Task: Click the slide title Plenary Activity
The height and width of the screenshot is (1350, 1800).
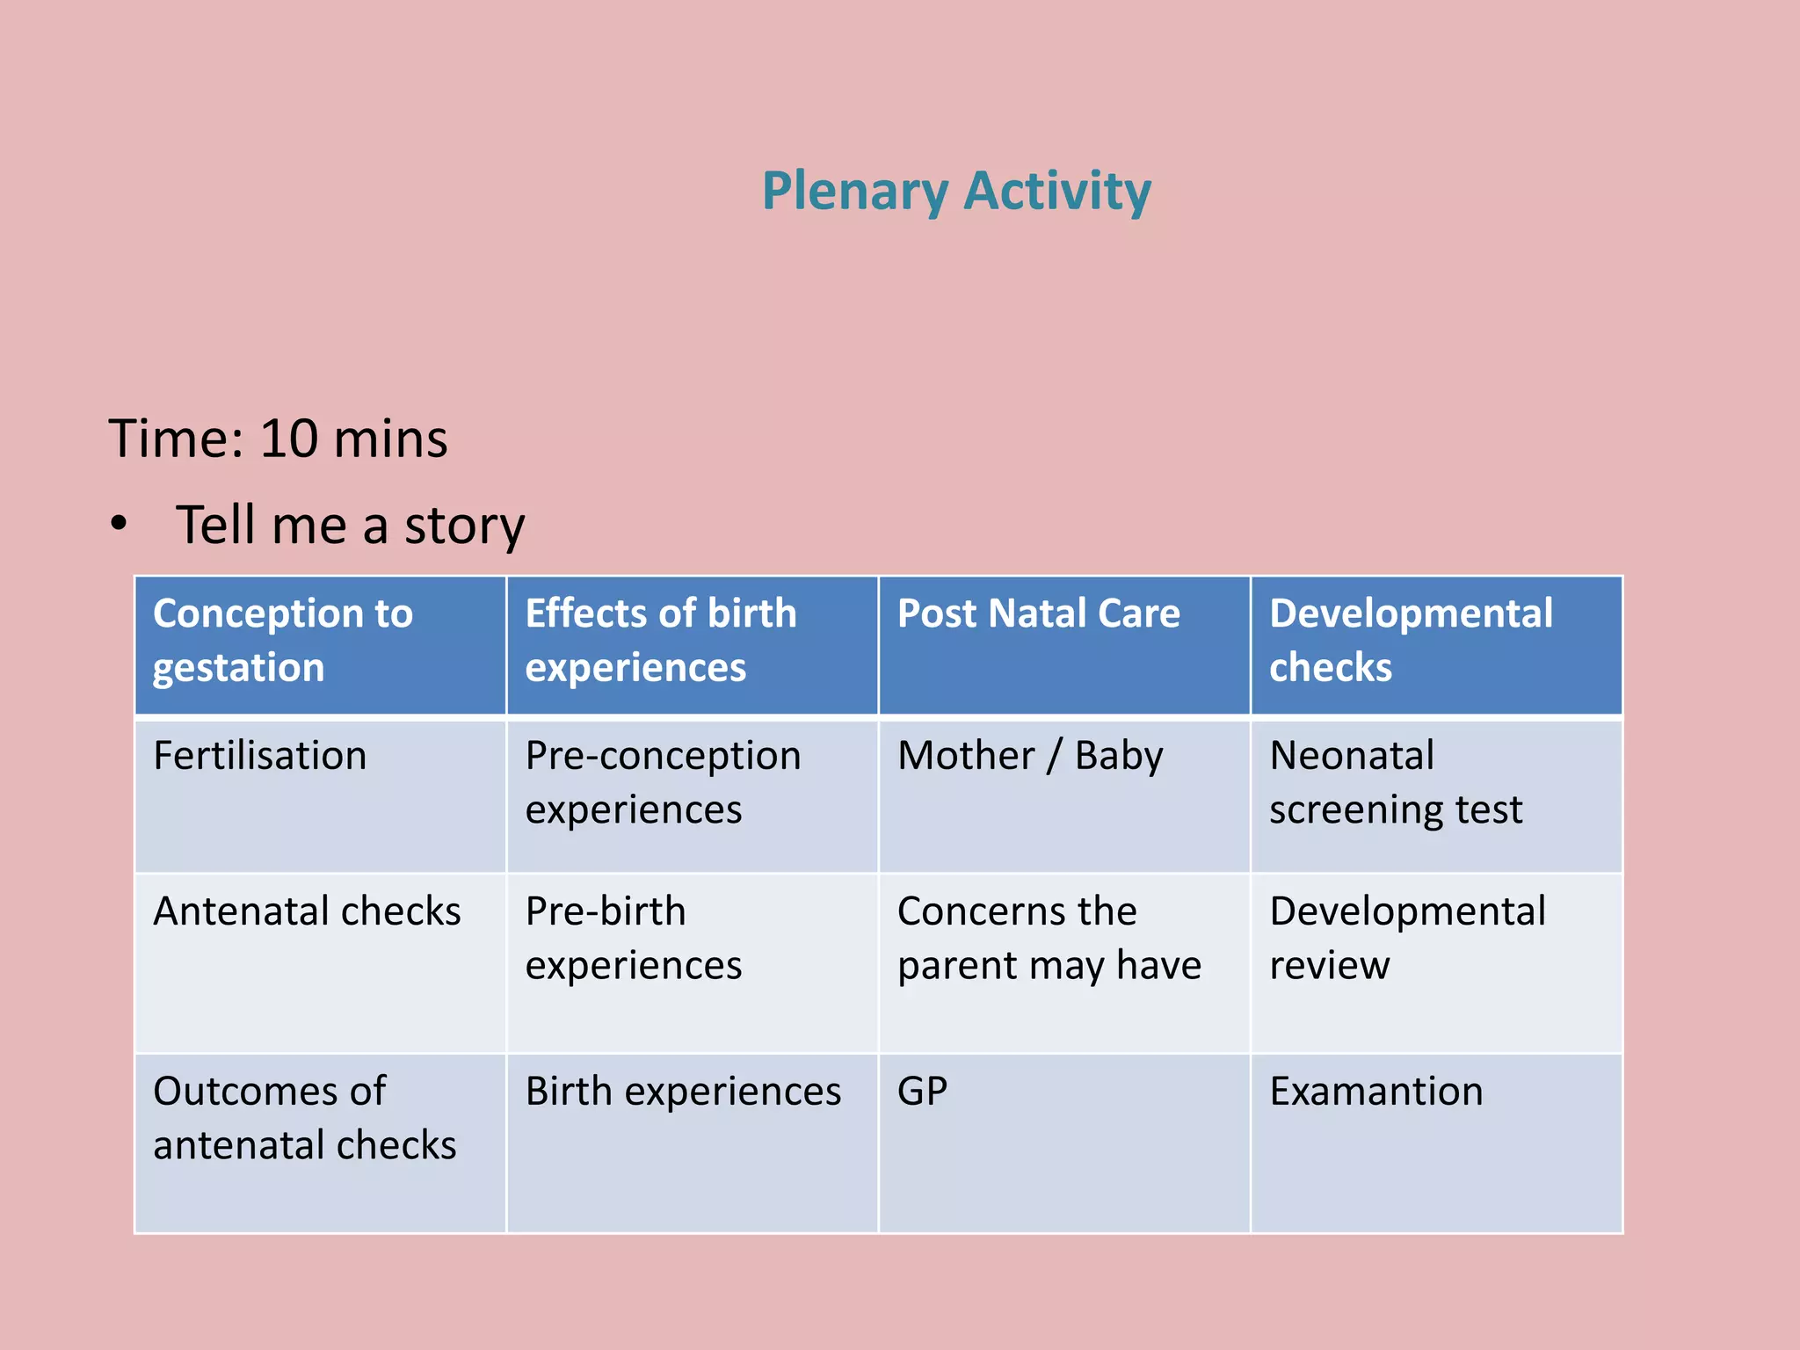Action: pos(955,191)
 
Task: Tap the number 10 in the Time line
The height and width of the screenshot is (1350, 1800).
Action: pos(288,439)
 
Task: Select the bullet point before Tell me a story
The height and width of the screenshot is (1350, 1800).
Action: pos(120,525)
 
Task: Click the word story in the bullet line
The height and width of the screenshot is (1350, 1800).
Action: pos(464,526)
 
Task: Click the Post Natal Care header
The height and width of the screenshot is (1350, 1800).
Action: pos(1038,613)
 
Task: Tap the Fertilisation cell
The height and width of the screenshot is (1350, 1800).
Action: pos(260,756)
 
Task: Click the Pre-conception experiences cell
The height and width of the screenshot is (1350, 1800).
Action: pos(663,782)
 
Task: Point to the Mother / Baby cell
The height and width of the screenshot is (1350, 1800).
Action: pos(1030,756)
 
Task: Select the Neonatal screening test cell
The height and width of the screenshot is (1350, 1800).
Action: pos(1395,782)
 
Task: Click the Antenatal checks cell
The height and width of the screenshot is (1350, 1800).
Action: pos(307,911)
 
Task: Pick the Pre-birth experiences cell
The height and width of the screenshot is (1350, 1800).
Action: pos(633,938)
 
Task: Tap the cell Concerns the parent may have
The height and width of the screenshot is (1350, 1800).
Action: pos(1049,938)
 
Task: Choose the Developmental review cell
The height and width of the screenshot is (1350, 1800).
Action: pos(1407,938)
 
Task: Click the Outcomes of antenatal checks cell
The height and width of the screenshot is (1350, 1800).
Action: pos(304,1118)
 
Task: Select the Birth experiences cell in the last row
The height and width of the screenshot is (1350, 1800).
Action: pos(683,1092)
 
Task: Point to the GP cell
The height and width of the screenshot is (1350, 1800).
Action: pos(922,1092)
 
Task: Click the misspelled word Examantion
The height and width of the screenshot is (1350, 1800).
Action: pos(1375,1092)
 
